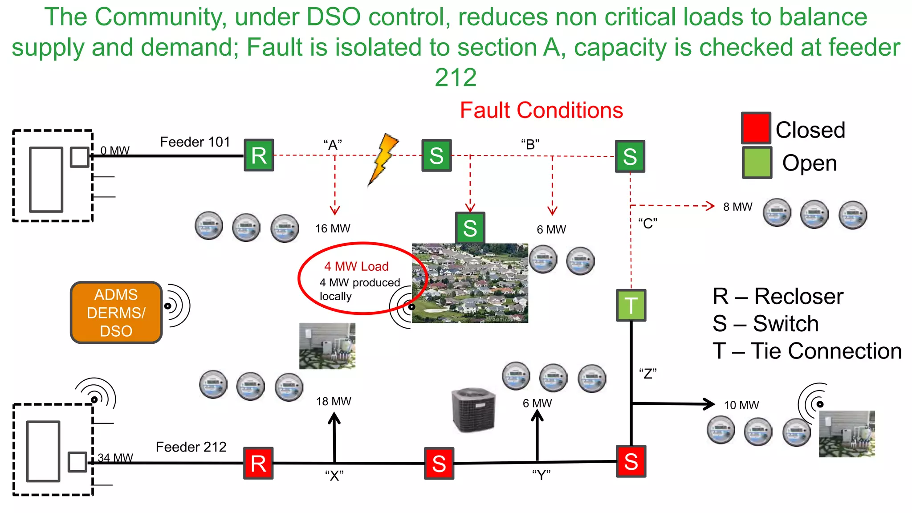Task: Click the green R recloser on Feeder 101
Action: point(259,155)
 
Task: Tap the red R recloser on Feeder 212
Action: point(258,463)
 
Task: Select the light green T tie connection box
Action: point(631,305)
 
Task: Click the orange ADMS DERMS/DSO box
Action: point(116,313)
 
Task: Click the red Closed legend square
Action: point(756,128)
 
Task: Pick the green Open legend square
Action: point(757,163)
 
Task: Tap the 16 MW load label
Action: point(333,228)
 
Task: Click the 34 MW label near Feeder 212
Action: point(115,458)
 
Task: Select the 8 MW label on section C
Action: point(737,207)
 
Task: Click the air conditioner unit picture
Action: point(473,410)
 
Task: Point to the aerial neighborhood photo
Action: point(470,283)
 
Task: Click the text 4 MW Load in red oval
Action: point(356,266)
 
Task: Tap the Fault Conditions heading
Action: point(541,110)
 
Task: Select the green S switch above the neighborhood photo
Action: point(470,228)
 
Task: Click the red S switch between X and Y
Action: point(439,463)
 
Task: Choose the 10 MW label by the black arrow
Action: point(741,405)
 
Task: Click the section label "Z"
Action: point(647,373)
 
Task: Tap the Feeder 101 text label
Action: point(195,142)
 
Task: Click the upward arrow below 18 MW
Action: point(334,436)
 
